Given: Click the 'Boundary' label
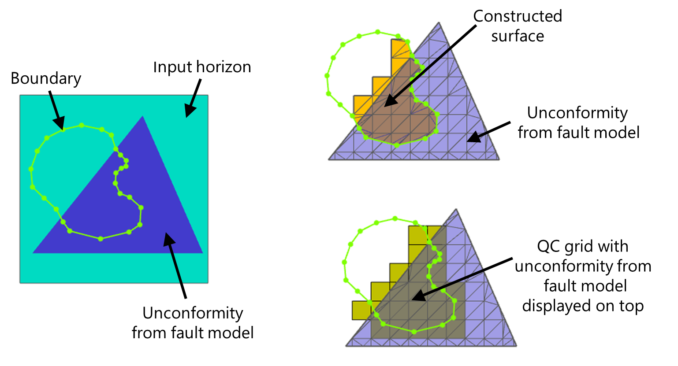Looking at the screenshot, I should [x=46, y=78].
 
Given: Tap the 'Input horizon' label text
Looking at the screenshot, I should [x=202, y=67].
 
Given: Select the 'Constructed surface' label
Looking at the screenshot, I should [x=518, y=26].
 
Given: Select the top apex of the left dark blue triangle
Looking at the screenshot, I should [x=142, y=116].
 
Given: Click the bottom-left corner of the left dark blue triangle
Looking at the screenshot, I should [x=34, y=253].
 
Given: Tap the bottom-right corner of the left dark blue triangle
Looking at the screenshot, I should [x=202, y=253].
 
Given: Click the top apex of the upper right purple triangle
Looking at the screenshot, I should [x=439, y=23].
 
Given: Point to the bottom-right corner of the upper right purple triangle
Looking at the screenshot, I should [x=499, y=159].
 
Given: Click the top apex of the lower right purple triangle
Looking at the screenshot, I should [x=456, y=210].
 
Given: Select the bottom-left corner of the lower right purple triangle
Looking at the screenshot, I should [x=346, y=346].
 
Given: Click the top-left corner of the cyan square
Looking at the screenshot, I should [x=20, y=96].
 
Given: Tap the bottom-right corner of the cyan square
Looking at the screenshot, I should [x=208, y=282].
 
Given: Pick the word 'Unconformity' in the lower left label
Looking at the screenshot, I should [x=193, y=313].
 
